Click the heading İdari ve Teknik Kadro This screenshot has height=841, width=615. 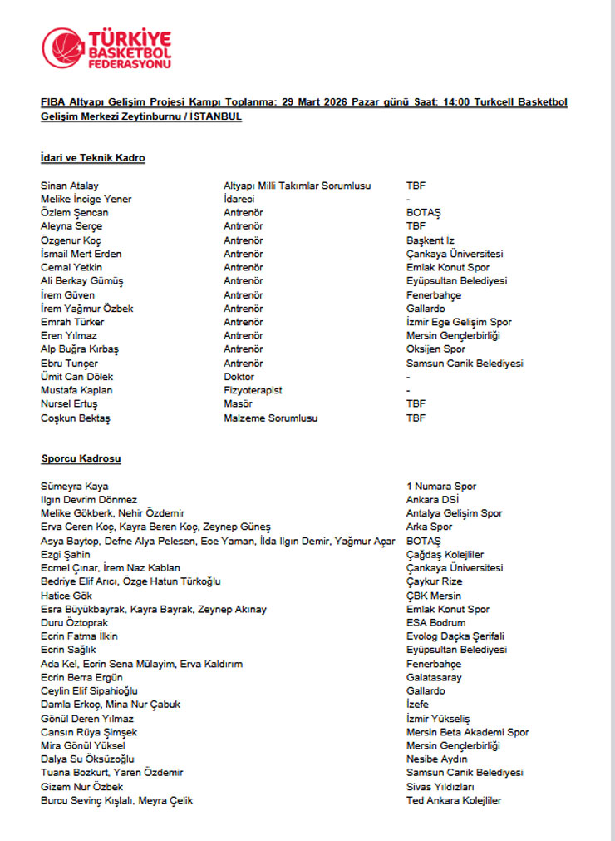coord(92,158)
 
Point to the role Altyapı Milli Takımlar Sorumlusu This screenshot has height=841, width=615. coord(297,186)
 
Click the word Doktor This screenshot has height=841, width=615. coord(239,377)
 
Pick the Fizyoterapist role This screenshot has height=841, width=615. coord(253,390)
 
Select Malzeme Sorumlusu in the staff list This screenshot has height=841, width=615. coord(270,418)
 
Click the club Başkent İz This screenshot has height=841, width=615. coord(430,240)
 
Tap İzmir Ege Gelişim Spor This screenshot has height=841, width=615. coord(459,322)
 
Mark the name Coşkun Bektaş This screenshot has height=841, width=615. coord(76,418)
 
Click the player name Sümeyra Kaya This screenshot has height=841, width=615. coord(74,486)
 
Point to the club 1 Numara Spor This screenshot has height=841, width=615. coord(441,486)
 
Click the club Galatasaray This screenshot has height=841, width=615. coord(434,677)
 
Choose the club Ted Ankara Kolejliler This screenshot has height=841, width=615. coord(454,800)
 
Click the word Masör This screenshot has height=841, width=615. coord(238,404)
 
